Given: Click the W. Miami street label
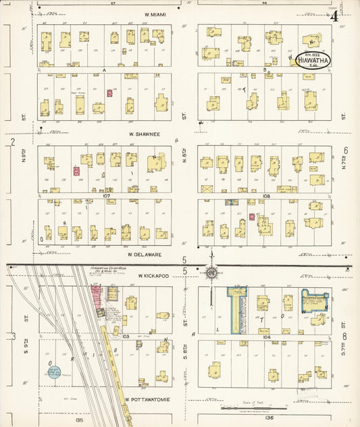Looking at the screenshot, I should [x=155, y=14].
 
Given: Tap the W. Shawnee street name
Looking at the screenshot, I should [x=146, y=134].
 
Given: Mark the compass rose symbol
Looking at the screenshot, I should [x=211, y=273].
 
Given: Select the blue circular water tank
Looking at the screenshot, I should [x=56, y=372].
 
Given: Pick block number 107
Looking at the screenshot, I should [x=106, y=196].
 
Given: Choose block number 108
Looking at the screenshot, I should [x=265, y=196].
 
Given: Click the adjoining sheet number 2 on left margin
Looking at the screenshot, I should [x=13, y=142].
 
